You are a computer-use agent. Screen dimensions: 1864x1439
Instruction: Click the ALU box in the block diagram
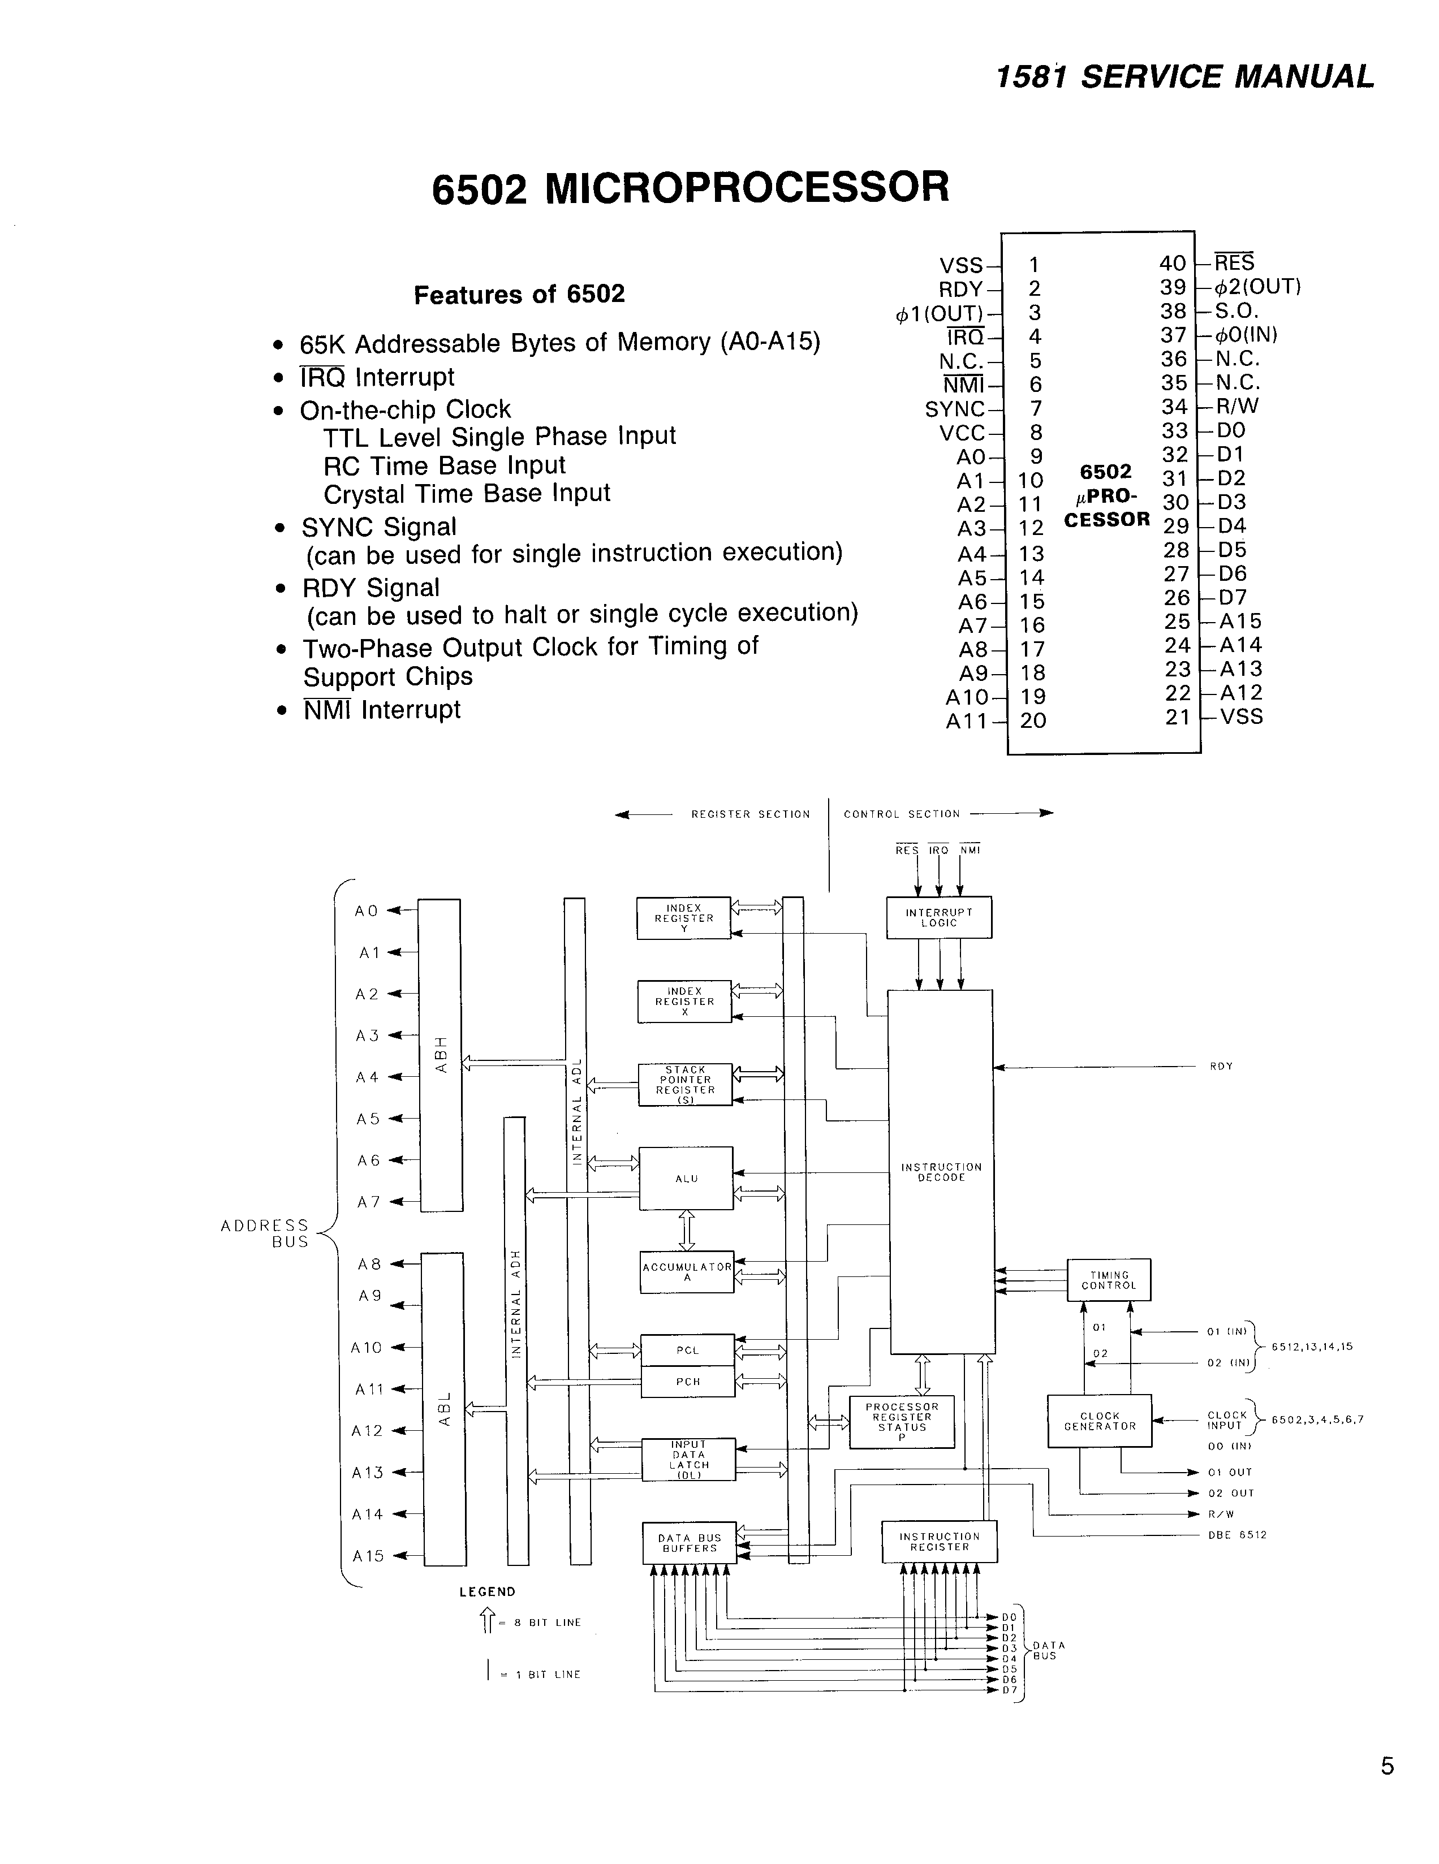[686, 1178]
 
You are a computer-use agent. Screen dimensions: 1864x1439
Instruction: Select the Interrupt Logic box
[939, 917]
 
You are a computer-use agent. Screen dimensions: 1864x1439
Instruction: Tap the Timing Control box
[1109, 1280]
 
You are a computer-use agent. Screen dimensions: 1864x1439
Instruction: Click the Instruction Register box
[939, 1542]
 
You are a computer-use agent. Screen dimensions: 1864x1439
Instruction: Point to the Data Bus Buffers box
[689, 1543]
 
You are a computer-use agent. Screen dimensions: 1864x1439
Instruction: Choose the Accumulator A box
[687, 1272]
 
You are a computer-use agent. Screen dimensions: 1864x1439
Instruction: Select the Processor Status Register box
[901, 1422]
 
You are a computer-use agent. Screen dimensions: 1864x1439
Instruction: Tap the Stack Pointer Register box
[686, 1085]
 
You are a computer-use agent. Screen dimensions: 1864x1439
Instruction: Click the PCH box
[687, 1382]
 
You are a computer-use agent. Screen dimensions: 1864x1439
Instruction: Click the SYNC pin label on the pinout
[954, 409]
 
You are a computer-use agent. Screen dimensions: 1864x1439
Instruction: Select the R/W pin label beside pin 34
[1236, 406]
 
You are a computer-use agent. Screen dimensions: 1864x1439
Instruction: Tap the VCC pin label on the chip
[962, 434]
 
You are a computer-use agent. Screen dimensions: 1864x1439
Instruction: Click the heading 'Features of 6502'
[519, 295]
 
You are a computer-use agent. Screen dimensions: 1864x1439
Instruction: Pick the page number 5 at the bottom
[1387, 1766]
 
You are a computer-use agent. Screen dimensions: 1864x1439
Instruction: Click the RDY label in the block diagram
[1221, 1067]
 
